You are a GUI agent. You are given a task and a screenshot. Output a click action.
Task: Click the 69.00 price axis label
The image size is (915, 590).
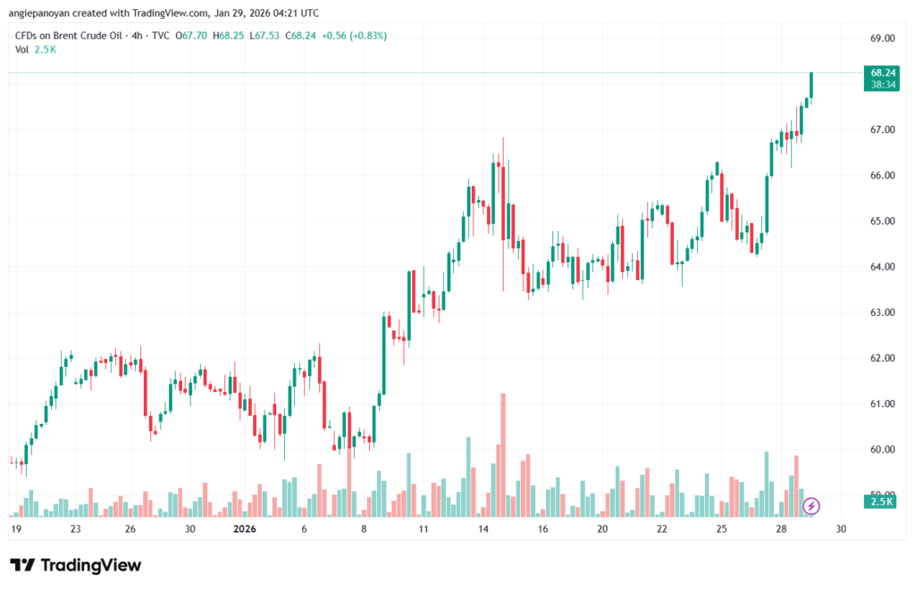[882, 38]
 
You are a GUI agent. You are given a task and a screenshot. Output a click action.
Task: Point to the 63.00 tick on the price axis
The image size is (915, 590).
[882, 312]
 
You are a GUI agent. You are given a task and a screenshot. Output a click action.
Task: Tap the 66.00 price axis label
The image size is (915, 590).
[882, 175]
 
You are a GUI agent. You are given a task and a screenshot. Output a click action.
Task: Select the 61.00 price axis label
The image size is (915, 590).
[882, 403]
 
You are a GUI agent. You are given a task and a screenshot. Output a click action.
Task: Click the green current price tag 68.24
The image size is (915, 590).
[883, 72]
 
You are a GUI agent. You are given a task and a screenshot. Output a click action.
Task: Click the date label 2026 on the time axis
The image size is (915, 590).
[244, 529]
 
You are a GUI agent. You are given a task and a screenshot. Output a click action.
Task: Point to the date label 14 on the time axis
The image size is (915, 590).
[483, 529]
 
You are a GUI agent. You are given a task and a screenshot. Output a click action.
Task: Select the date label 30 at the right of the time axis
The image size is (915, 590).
[841, 529]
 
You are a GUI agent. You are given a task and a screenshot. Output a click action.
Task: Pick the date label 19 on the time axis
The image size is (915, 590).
[16, 529]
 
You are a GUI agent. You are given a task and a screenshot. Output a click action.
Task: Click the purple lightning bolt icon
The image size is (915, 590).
[811, 506]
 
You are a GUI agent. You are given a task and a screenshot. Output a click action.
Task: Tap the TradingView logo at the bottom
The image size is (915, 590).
[75, 565]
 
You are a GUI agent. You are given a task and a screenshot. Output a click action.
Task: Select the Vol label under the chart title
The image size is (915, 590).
[22, 49]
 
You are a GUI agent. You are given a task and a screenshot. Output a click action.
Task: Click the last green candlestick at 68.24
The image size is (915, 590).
[811, 85]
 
